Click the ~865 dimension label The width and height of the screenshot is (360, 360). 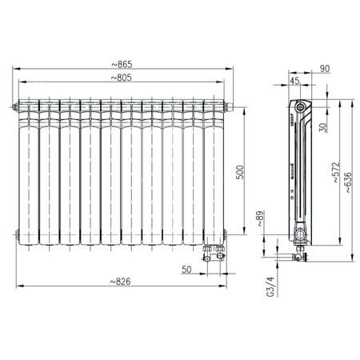click(123, 64)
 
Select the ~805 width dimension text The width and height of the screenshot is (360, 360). click(123, 78)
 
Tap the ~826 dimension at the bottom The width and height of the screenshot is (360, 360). click(122, 280)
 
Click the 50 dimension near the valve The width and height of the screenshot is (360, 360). click(187, 270)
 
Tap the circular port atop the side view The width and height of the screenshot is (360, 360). click(300, 106)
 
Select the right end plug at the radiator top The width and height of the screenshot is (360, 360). click(230, 106)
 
